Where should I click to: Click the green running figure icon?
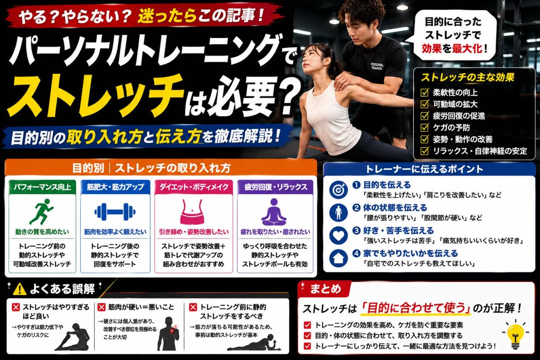tap(41, 211)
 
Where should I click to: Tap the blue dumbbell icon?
tap(115, 212)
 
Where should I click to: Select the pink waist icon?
tap(192, 212)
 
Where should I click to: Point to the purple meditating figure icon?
tap(274, 212)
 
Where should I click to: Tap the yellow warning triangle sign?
tap(19, 289)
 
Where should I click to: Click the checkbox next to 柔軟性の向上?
tap(424, 92)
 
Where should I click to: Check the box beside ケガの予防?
tap(424, 127)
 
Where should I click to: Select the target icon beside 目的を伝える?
tap(338, 190)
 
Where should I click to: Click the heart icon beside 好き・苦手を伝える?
tap(338, 235)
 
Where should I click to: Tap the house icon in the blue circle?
tap(338, 258)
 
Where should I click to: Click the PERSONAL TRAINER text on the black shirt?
tap(377, 66)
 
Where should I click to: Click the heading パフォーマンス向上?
tap(42, 187)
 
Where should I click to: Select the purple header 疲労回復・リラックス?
tap(275, 187)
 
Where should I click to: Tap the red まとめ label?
tap(325, 289)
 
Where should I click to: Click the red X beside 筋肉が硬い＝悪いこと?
tap(101, 307)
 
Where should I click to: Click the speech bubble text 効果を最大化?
tap(452, 49)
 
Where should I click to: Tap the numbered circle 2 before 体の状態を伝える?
tap(356, 207)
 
